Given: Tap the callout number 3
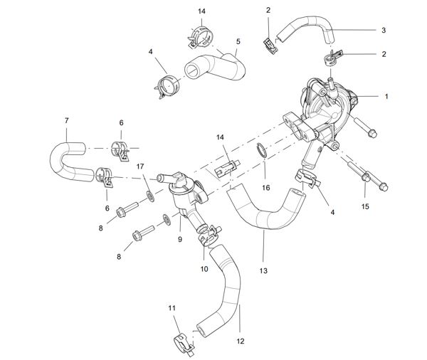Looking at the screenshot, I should [384, 30].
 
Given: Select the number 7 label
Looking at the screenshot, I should [66, 120].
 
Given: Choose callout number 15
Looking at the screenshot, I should [366, 206].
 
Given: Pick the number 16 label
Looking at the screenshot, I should [266, 189].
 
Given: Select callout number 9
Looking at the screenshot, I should [180, 240].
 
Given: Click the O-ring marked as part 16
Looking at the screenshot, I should [261, 151].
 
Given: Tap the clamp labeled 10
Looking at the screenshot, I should [207, 232].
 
